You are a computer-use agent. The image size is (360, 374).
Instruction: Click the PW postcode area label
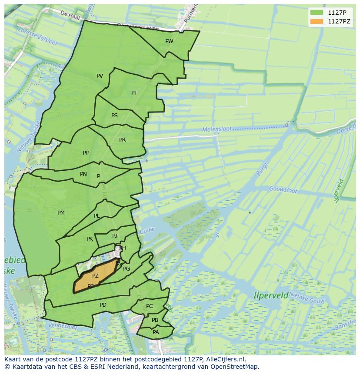coord(169,41)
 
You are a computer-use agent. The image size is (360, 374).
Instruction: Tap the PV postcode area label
coord(100,76)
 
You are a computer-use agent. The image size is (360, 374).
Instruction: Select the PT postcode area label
coord(134,93)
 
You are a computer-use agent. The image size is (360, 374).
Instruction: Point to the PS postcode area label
coord(114,116)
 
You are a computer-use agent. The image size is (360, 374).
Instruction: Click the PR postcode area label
coord(122,140)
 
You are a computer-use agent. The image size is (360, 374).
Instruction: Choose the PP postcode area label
coord(86,153)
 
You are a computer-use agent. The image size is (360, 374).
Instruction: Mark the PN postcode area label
coord(83,174)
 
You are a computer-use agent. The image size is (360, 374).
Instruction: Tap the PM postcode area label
coord(61,213)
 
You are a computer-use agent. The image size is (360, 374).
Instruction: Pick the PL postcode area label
coord(97,216)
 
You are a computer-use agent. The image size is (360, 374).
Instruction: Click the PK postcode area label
coord(90,239)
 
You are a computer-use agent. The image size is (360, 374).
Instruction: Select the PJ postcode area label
coord(115,236)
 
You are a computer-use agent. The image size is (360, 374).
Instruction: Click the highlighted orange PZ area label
coord(95,276)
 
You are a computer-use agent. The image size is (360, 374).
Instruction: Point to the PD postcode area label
coord(103,305)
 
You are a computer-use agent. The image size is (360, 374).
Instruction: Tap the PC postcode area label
coord(149,306)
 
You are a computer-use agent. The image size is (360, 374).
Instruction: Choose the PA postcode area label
coord(156,332)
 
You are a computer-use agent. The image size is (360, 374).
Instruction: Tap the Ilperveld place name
coord(270,296)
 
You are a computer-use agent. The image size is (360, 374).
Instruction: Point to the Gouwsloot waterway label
coord(283,190)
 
